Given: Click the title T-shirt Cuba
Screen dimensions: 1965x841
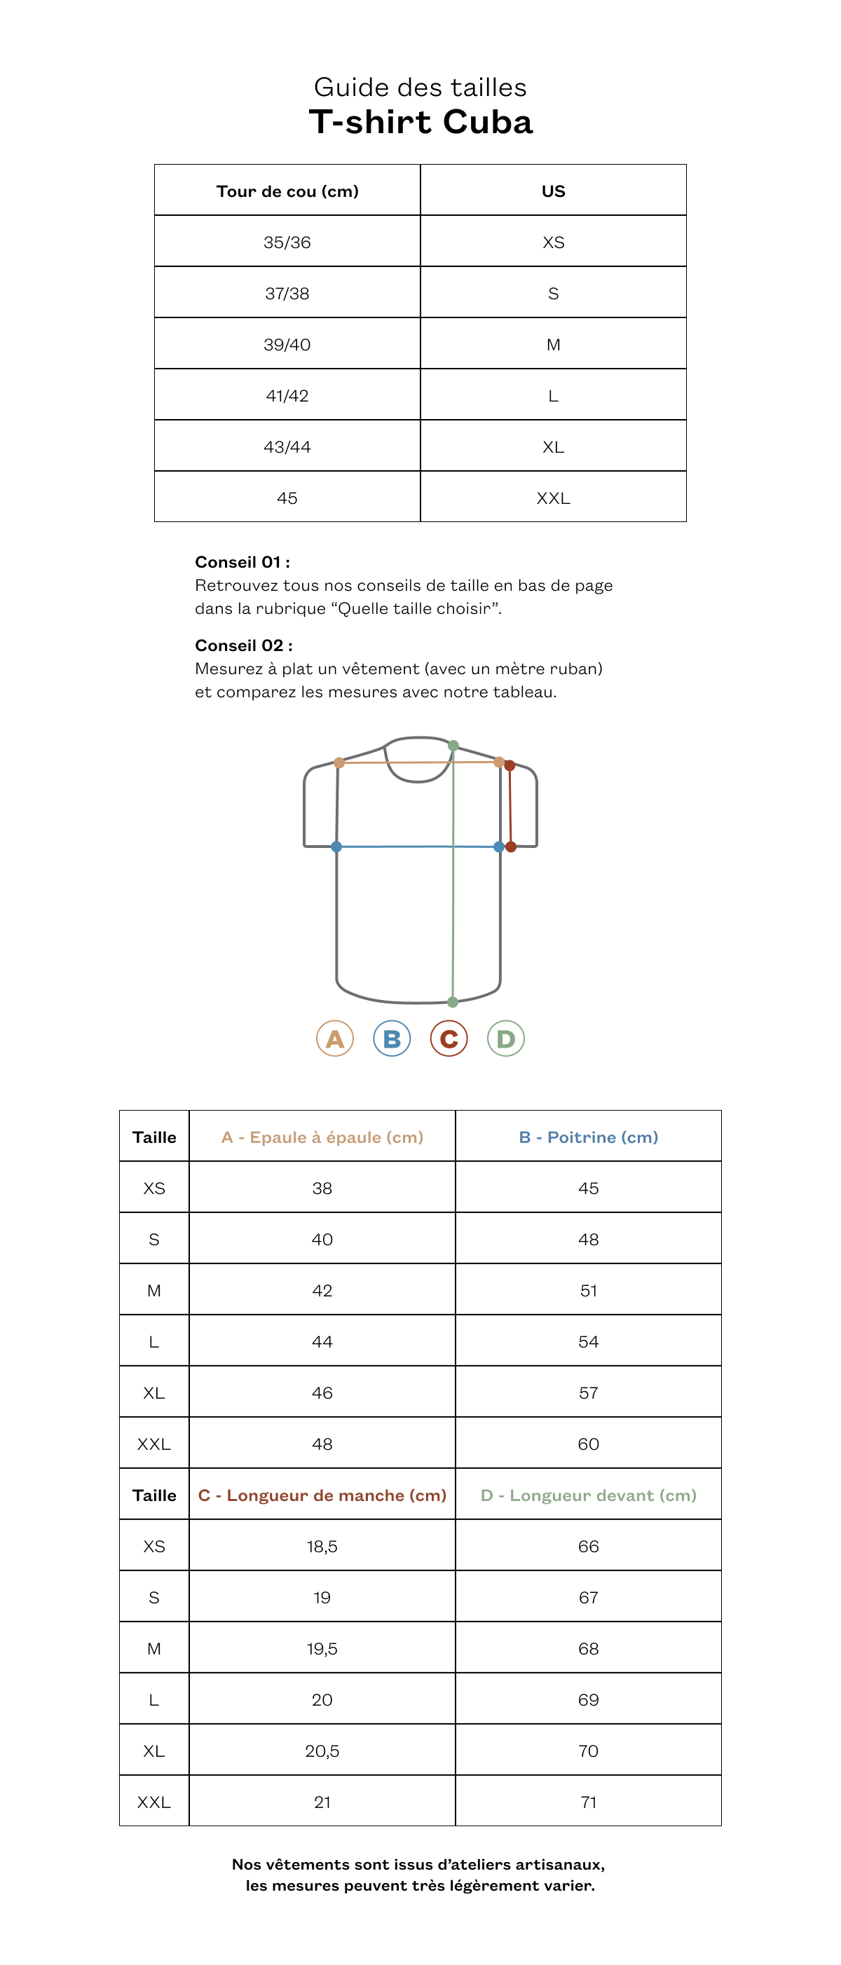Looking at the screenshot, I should click(420, 122).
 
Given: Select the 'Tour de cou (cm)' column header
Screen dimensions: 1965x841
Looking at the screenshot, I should click(287, 191).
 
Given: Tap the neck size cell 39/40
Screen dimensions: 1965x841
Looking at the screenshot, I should click(287, 345).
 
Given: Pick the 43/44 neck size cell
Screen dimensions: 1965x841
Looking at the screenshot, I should click(287, 447).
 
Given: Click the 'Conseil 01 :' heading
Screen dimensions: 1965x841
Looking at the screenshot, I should click(242, 562).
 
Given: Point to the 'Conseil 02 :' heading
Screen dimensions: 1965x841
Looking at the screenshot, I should click(243, 645).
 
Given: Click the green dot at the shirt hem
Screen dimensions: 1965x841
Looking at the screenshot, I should click(453, 1001).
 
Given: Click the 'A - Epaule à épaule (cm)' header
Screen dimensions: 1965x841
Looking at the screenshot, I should click(322, 1137).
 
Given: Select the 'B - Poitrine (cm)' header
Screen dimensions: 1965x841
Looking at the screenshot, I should click(589, 1137).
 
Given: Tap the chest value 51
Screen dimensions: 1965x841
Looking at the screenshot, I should click(589, 1291).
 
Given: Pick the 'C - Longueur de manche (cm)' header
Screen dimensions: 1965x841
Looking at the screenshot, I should click(322, 1495).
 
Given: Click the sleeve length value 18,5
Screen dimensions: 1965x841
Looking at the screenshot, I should click(322, 1546).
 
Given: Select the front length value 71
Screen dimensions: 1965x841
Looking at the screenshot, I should click(589, 1802).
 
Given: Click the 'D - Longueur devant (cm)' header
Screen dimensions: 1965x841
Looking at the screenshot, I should click(589, 1495).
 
